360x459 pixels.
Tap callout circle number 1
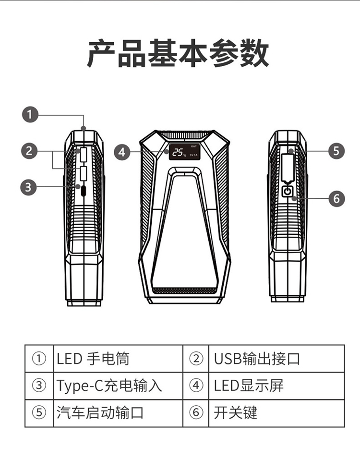click(x=30, y=114)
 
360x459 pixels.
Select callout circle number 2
click(x=30, y=151)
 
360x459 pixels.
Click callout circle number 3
click(x=28, y=187)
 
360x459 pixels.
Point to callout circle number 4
click(x=122, y=152)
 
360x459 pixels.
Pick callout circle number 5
click(x=336, y=151)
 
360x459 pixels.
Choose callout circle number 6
click(x=336, y=199)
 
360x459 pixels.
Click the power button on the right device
click(x=288, y=192)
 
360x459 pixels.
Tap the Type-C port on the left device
click(x=84, y=190)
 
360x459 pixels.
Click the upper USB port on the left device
click(x=84, y=155)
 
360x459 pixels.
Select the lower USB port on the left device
click(x=84, y=174)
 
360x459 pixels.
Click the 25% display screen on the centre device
click(x=185, y=152)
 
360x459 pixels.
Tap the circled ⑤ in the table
click(x=39, y=413)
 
